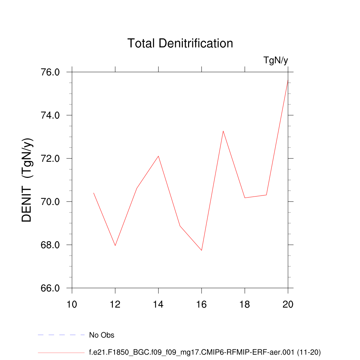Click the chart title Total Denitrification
point(180,43)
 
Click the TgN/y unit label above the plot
point(276,60)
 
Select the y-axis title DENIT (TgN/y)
point(27,180)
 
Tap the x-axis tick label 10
point(72,304)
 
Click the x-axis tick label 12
point(115,304)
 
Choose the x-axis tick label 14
point(159,304)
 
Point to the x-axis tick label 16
point(202,304)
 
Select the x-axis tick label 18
point(245,304)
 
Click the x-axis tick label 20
point(288,304)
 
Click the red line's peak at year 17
point(223,131)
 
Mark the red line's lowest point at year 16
point(201,250)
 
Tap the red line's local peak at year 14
point(159,156)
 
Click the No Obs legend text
point(102,335)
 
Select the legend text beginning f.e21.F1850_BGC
point(205,352)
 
